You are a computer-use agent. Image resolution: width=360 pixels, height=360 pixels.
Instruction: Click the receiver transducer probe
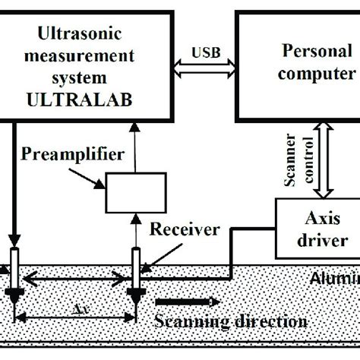[137, 270]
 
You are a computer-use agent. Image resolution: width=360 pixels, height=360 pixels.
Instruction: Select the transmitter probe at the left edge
[14, 270]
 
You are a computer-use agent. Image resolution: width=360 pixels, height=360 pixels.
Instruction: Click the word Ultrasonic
[85, 36]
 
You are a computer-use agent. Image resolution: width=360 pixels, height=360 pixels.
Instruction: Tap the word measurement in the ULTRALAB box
[85, 55]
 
